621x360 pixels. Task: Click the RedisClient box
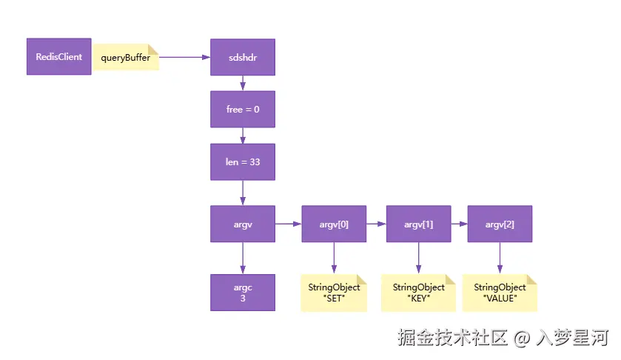(59, 56)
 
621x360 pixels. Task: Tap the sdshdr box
(243, 57)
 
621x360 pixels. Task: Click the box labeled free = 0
(243, 109)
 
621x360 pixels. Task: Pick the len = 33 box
(243, 161)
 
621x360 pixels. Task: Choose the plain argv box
(243, 224)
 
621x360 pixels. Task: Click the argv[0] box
(334, 224)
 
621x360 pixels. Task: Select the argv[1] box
(418, 224)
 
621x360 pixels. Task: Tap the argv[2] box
(500, 224)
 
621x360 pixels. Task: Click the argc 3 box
(243, 293)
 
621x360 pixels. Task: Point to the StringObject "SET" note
(334, 293)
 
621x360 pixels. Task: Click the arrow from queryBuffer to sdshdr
(184, 57)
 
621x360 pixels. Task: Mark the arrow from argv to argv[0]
(288, 224)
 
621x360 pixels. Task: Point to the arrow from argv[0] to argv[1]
(376, 224)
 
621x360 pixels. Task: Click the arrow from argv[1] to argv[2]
(459, 224)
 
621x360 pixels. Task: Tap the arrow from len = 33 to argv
(243, 192)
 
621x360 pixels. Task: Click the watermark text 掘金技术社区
(452, 339)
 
